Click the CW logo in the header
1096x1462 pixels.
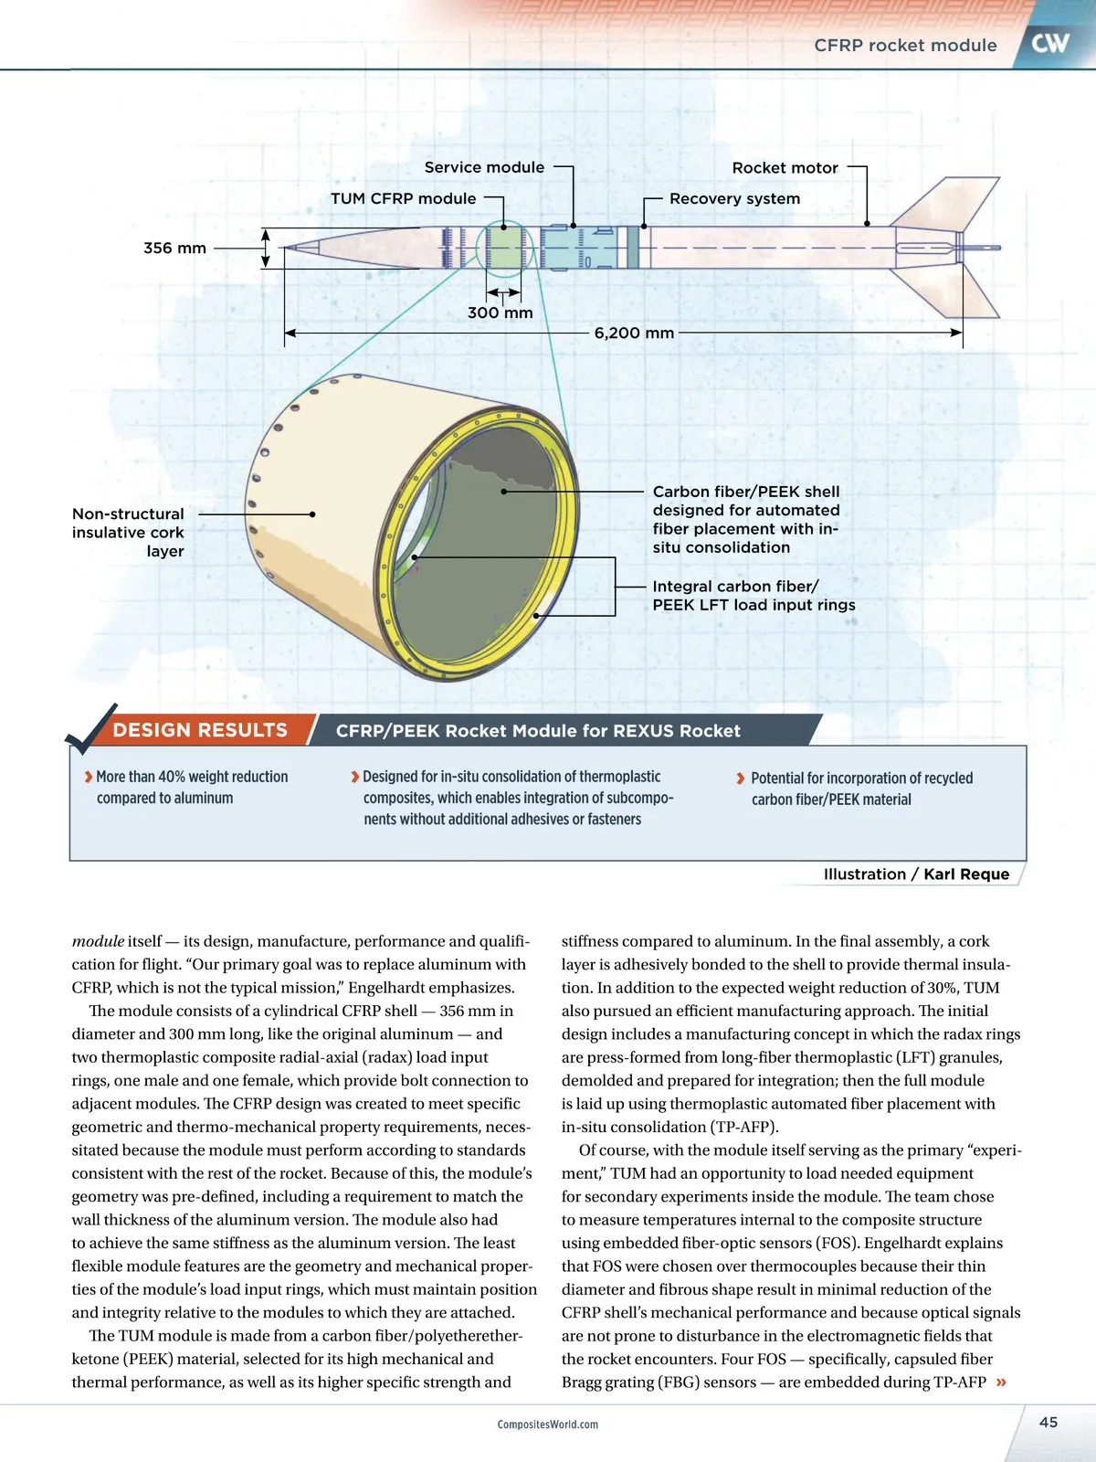point(1050,43)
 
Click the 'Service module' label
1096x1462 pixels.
point(484,167)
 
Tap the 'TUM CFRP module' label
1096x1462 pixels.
point(403,198)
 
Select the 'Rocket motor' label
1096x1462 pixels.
point(785,168)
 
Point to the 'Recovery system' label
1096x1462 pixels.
point(734,198)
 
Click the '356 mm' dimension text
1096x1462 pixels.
point(174,248)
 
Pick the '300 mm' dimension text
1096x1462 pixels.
point(500,313)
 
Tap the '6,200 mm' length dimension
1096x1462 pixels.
point(634,333)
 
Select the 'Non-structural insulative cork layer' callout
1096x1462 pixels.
point(128,533)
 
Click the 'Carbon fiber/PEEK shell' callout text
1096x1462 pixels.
point(745,519)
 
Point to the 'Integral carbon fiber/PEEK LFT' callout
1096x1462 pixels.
point(753,596)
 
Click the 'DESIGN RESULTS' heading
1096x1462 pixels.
point(200,730)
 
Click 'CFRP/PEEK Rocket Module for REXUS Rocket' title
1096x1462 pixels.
point(538,731)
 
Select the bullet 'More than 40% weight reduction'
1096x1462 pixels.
point(191,787)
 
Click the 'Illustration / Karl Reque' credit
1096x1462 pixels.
point(916,874)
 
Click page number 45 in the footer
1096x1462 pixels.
point(1049,1422)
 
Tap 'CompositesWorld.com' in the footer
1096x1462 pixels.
point(548,1425)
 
